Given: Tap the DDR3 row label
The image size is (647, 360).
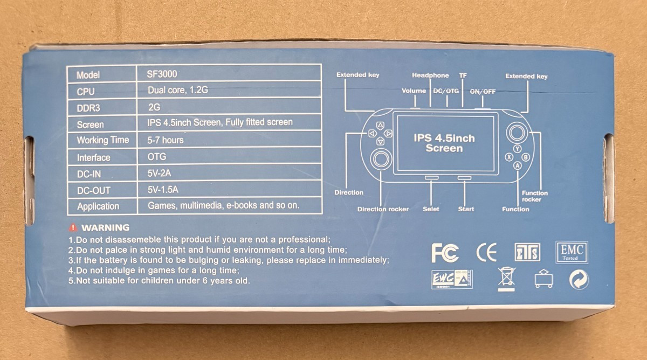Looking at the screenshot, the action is point(88,108).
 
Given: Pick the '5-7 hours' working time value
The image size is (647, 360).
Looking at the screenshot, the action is point(165,140).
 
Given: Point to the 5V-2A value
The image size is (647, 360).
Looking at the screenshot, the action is point(159,173).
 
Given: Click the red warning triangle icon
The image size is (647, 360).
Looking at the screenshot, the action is point(73,227).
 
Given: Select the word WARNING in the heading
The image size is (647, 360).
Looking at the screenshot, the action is point(106,227).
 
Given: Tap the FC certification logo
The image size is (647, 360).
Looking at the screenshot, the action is point(445,253).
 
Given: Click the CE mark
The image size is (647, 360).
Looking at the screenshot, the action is point(487,252).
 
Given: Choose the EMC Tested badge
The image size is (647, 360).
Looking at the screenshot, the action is point(572,252).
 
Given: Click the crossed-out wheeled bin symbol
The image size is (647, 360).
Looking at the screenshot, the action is point(506,279).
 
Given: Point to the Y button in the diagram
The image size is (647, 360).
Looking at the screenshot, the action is point(517,149).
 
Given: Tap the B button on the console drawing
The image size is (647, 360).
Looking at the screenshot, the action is point(526,157).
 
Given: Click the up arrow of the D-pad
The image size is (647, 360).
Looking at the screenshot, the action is point(381,125).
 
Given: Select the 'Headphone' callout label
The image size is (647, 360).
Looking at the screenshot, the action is point(430,75).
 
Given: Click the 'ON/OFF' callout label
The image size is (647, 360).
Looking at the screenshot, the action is point(483,92).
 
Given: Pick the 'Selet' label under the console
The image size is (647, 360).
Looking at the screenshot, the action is point(431,209).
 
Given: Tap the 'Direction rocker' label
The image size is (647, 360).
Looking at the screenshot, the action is point(383,209).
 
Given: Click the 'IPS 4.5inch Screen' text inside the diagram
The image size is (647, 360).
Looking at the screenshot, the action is point(444,143).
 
